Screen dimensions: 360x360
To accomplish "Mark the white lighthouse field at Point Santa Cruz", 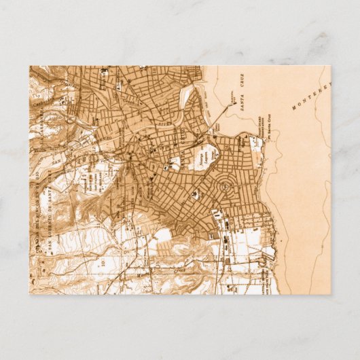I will coord(257,143).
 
